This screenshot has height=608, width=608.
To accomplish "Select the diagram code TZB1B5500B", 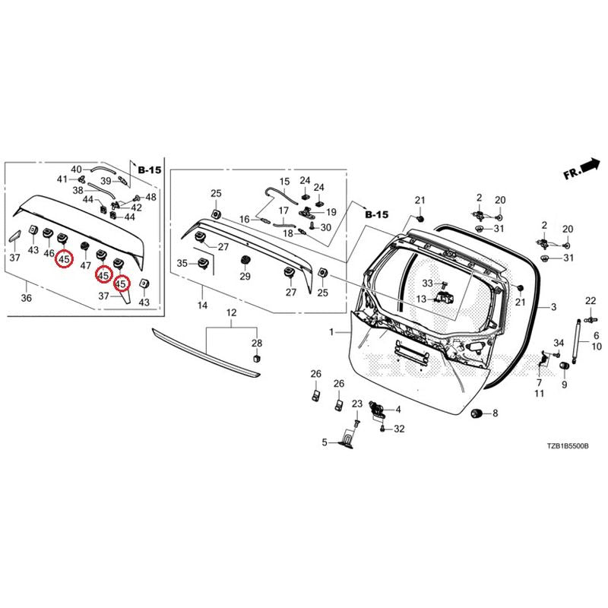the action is coord(568,446).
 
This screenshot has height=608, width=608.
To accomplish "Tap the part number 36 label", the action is coord(27,298).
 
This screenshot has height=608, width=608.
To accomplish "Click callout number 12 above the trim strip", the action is coord(231,312).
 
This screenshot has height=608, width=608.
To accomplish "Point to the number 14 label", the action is coord(202,306).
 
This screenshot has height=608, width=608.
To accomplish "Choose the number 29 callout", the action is coord(245,277).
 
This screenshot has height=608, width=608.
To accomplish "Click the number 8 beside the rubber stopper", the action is coord(496,413).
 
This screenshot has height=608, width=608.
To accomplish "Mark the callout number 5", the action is coord(325,442).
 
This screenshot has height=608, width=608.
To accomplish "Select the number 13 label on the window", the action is coord(422,299).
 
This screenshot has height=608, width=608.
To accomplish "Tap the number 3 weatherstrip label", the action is coord(554,307).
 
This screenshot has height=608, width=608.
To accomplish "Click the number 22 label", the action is coord(591,301).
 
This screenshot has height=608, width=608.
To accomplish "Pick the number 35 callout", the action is coord(182,264).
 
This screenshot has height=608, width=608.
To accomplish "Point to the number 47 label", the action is coord(85,265).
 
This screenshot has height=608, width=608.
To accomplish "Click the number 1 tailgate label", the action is coord(331,332).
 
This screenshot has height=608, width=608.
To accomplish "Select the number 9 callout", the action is coord(565,385).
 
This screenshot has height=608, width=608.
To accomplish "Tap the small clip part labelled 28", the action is coord(256,357).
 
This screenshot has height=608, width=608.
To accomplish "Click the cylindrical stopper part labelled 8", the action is coord(478,413).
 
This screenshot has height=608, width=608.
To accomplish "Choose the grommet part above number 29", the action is coord(245,260).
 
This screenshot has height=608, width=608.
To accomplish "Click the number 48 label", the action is coord(150,198).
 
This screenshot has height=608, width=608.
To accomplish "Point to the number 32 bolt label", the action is coord(399,429).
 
